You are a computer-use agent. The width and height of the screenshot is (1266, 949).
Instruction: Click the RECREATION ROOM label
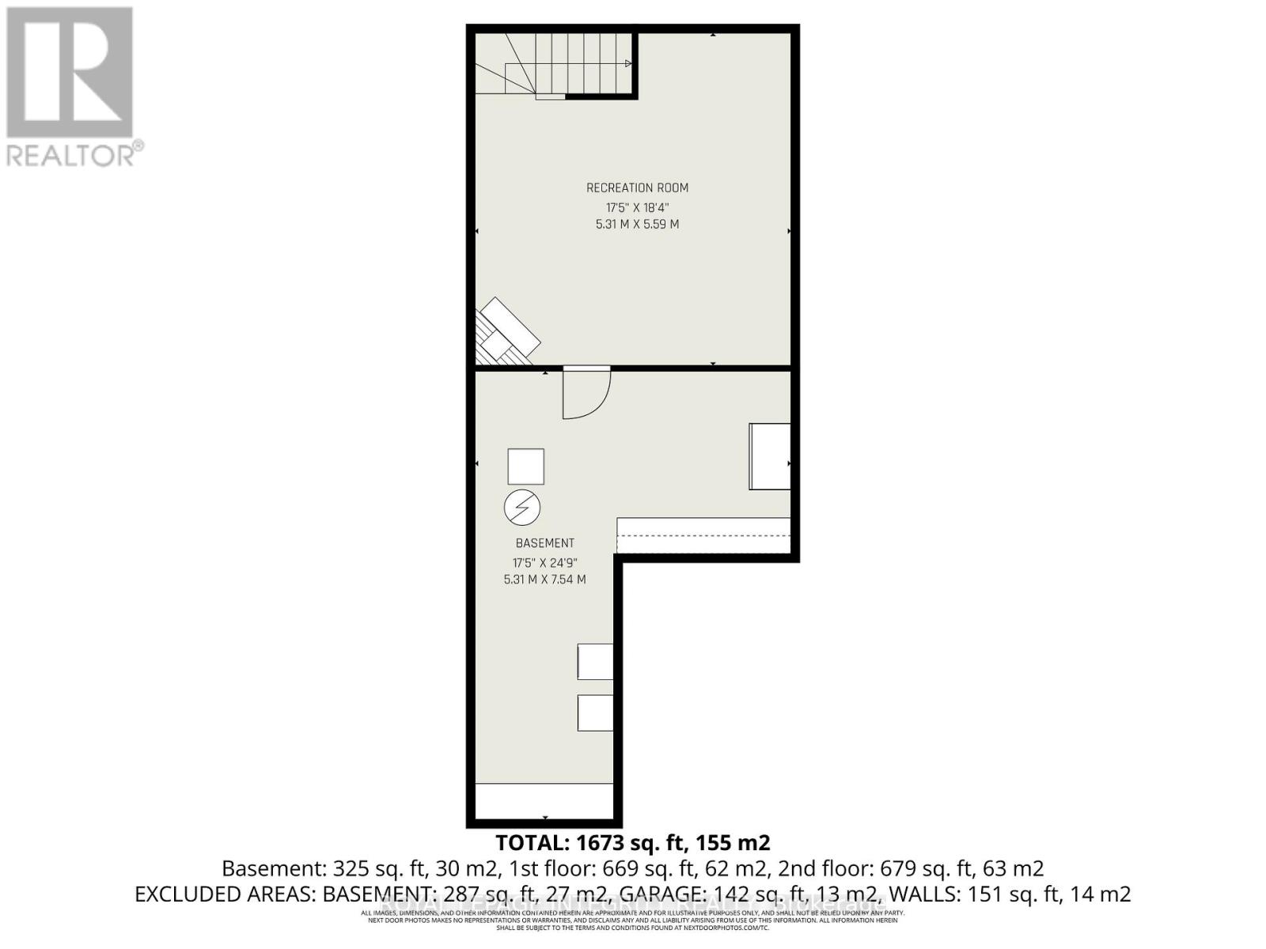pyautogui.click(x=637, y=188)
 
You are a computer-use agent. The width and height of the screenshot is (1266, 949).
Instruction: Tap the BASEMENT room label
pyautogui.click(x=544, y=543)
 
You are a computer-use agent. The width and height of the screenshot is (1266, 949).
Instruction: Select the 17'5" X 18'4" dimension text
pyautogui.click(x=637, y=207)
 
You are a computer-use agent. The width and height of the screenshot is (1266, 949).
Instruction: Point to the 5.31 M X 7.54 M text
pyautogui.click(x=544, y=580)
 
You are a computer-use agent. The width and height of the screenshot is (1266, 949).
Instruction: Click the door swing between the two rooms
pyautogui.click(x=586, y=393)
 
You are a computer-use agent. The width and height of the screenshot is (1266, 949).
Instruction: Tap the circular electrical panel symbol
pyautogui.click(x=522, y=507)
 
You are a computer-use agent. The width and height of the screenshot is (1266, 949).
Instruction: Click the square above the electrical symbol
pyautogui.click(x=525, y=466)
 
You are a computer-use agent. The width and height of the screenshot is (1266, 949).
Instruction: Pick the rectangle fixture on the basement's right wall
pyautogui.click(x=769, y=456)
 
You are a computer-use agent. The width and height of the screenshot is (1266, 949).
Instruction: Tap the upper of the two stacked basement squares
pyautogui.click(x=595, y=661)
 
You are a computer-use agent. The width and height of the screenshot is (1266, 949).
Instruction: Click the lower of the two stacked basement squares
pyautogui.click(x=595, y=713)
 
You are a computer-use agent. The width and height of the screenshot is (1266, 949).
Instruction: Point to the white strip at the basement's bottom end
pyautogui.click(x=544, y=801)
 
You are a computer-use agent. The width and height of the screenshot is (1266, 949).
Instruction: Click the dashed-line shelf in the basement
pyautogui.click(x=703, y=535)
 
